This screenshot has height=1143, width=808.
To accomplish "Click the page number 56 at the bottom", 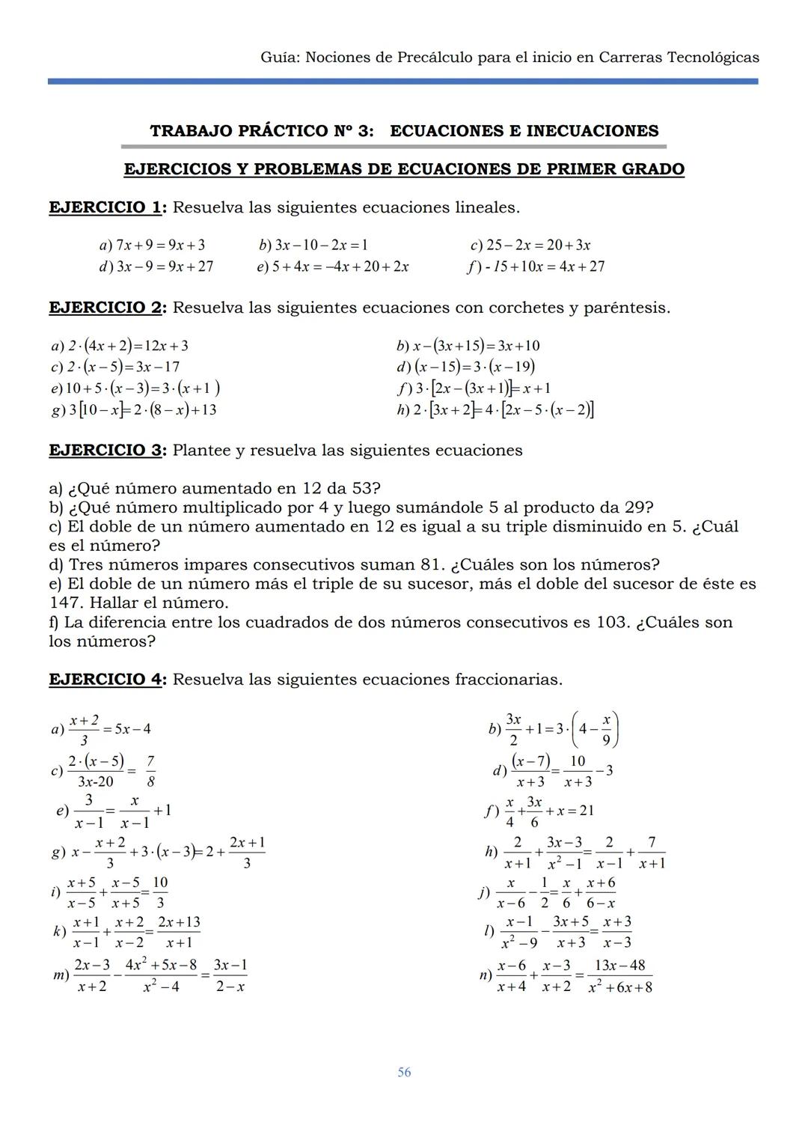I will coord(404,1073).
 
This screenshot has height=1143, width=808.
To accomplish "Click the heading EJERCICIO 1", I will coord(105,207).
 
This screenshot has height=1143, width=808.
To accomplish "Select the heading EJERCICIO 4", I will coord(105,680).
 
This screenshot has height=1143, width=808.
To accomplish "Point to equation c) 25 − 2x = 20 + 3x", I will coord(530,245).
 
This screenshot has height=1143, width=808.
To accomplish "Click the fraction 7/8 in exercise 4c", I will coord(150,771).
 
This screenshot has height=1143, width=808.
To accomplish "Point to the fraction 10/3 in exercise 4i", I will coord(159,893).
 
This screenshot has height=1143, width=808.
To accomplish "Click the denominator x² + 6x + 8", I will coord(619,987).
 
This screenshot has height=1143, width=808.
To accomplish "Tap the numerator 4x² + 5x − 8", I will coord(161,965).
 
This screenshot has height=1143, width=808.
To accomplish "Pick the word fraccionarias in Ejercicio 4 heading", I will coord(508,680).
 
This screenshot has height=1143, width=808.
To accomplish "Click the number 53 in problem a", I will coord(362,489).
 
